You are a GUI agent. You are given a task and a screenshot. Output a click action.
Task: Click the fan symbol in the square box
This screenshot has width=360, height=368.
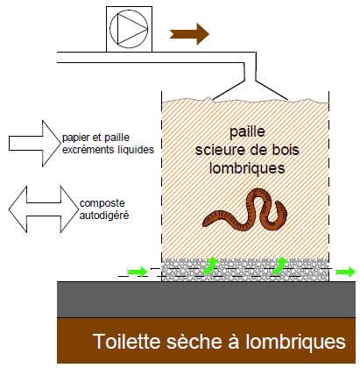pos(129,29)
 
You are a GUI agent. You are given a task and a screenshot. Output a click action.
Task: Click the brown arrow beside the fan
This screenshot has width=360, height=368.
pos(189,34)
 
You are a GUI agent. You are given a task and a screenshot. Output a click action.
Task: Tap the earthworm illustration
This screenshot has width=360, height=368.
pos(244,210)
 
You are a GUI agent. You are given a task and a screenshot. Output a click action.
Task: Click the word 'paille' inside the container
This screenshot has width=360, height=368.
pos(247,132)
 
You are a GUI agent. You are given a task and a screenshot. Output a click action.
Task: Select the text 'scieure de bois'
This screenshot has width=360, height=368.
pos(247,150)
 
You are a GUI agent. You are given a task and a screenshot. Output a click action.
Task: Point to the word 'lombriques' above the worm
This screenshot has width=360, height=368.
pos(247,168)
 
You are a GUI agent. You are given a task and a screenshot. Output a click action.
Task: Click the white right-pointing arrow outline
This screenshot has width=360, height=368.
pos(34,144)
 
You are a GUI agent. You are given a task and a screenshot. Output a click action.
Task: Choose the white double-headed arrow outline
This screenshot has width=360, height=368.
pos(44,209)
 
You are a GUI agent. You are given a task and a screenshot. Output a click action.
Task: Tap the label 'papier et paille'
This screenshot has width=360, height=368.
pos(95,138)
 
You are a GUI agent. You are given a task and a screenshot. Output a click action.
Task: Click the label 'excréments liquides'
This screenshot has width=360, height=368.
pos(108,150)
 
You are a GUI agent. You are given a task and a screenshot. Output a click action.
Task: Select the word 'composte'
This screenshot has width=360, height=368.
pos(102,203)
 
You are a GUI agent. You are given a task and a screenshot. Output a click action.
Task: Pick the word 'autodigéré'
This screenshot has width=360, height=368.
pos(104,216)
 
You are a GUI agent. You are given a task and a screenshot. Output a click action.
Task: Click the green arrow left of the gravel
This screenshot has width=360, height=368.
pos(137,272)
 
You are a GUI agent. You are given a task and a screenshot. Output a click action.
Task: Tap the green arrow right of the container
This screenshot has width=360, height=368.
pos(345,272)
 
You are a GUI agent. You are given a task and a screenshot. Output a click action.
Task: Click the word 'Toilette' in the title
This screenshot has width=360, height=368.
pos(127,341)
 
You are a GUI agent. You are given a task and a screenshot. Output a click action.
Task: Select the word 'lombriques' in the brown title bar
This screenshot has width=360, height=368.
pos(295,341)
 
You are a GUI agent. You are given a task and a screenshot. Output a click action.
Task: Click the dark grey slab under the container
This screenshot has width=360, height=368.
pos(206,300)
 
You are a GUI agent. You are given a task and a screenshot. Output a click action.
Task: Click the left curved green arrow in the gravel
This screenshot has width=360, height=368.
pos(210,265)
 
